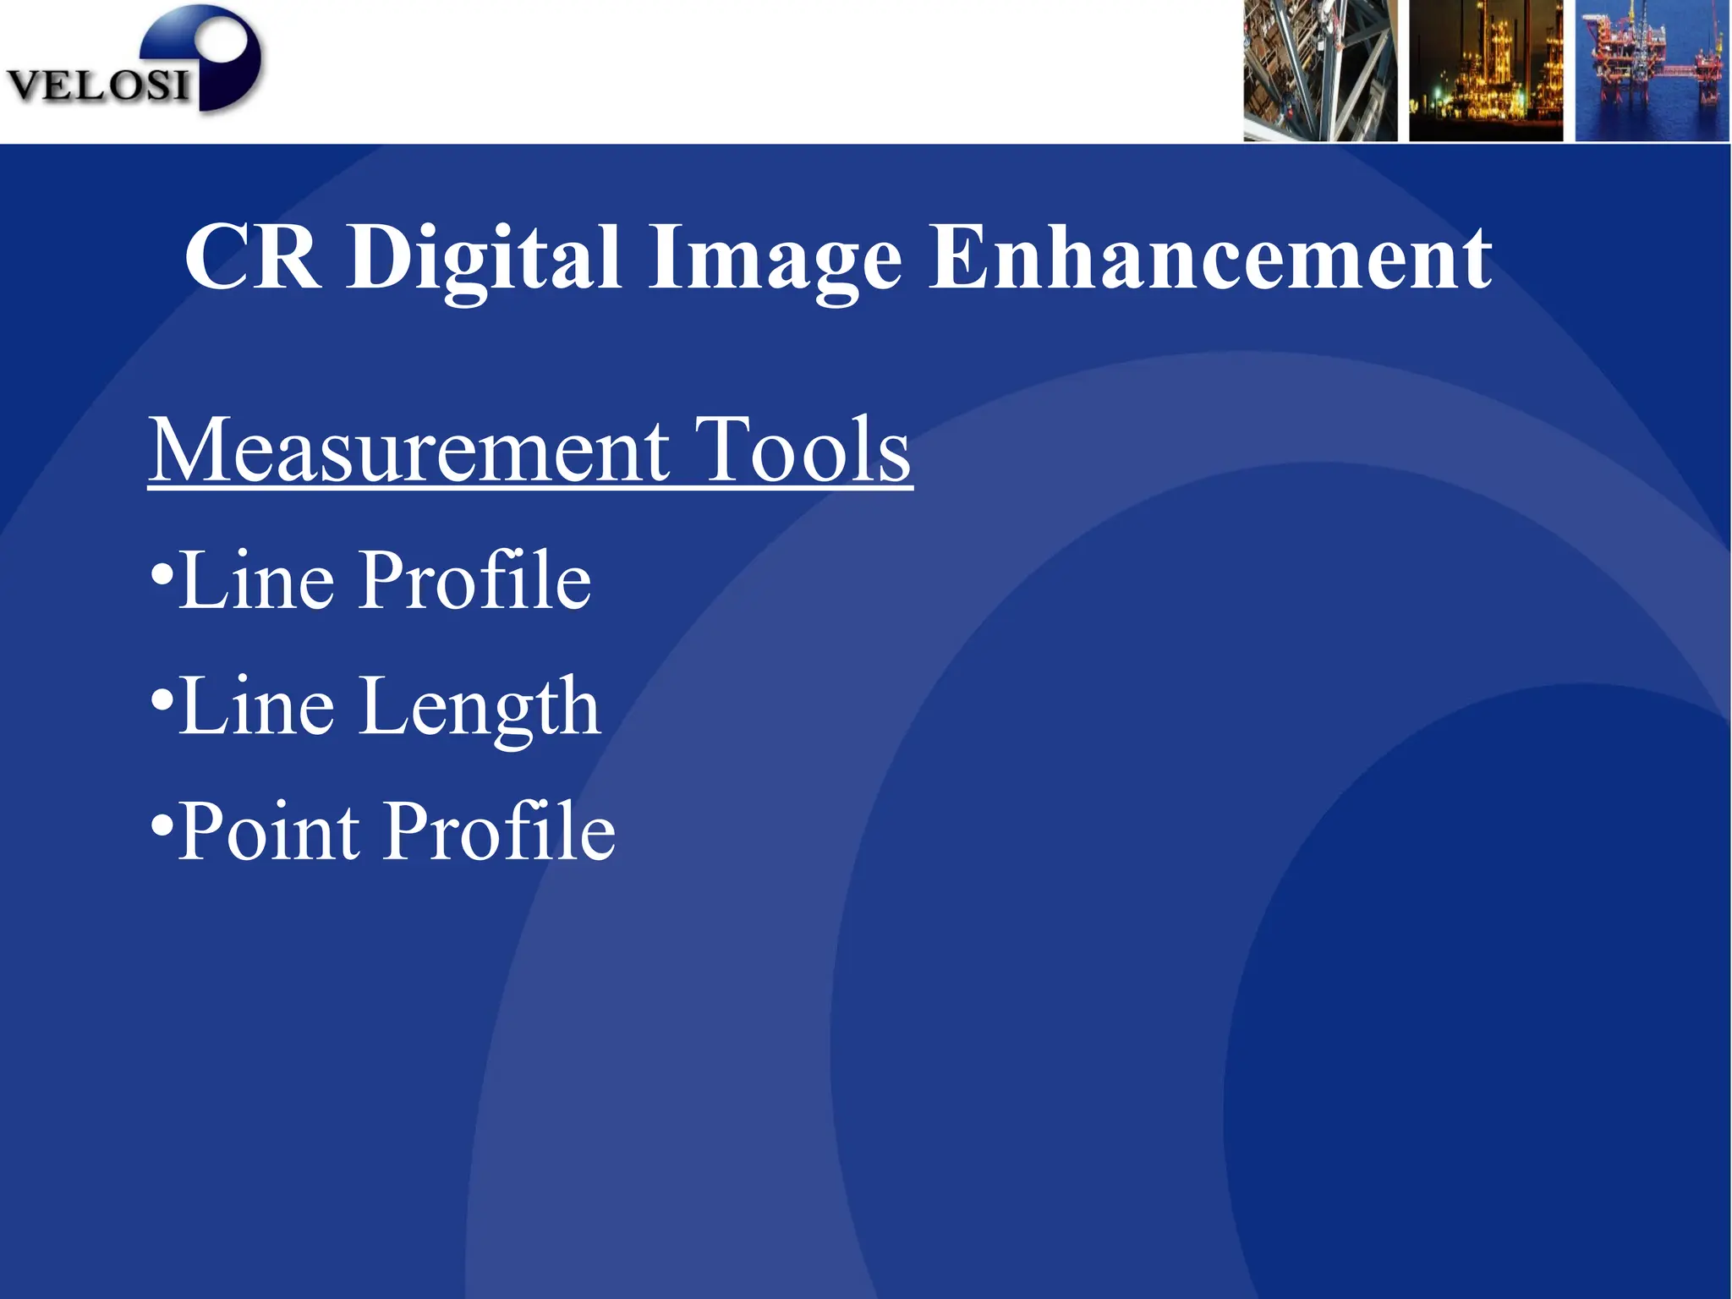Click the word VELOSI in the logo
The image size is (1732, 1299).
[x=97, y=85]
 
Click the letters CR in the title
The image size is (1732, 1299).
[x=252, y=257]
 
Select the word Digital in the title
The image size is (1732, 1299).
[x=484, y=257]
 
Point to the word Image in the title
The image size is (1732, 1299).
[x=775, y=257]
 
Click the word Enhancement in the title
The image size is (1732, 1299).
[x=1210, y=257]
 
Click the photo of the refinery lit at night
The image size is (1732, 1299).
[x=1485, y=71]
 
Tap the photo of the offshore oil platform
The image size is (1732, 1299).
[x=1651, y=71]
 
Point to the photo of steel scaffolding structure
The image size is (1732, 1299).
[x=1319, y=71]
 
